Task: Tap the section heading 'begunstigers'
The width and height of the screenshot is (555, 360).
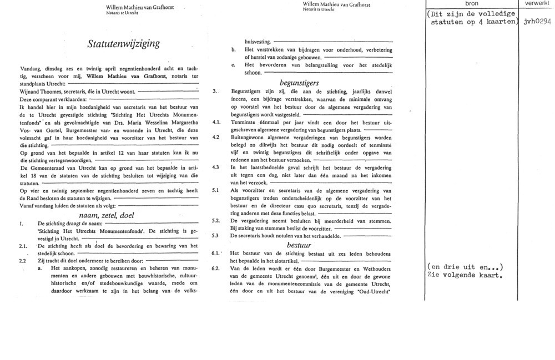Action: click(x=298, y=82)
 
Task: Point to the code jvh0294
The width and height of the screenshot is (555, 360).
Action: click(x=537, y=22)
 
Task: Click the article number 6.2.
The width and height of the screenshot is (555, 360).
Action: click(x=216, y=268)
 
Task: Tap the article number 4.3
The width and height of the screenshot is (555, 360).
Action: click(x=216, y=167)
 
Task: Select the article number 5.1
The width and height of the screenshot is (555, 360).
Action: click(x=216, y=190)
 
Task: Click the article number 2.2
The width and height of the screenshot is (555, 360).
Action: click(x=23, y=260)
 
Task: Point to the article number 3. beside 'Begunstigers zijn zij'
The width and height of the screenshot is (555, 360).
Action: click(x=215, y=91)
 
